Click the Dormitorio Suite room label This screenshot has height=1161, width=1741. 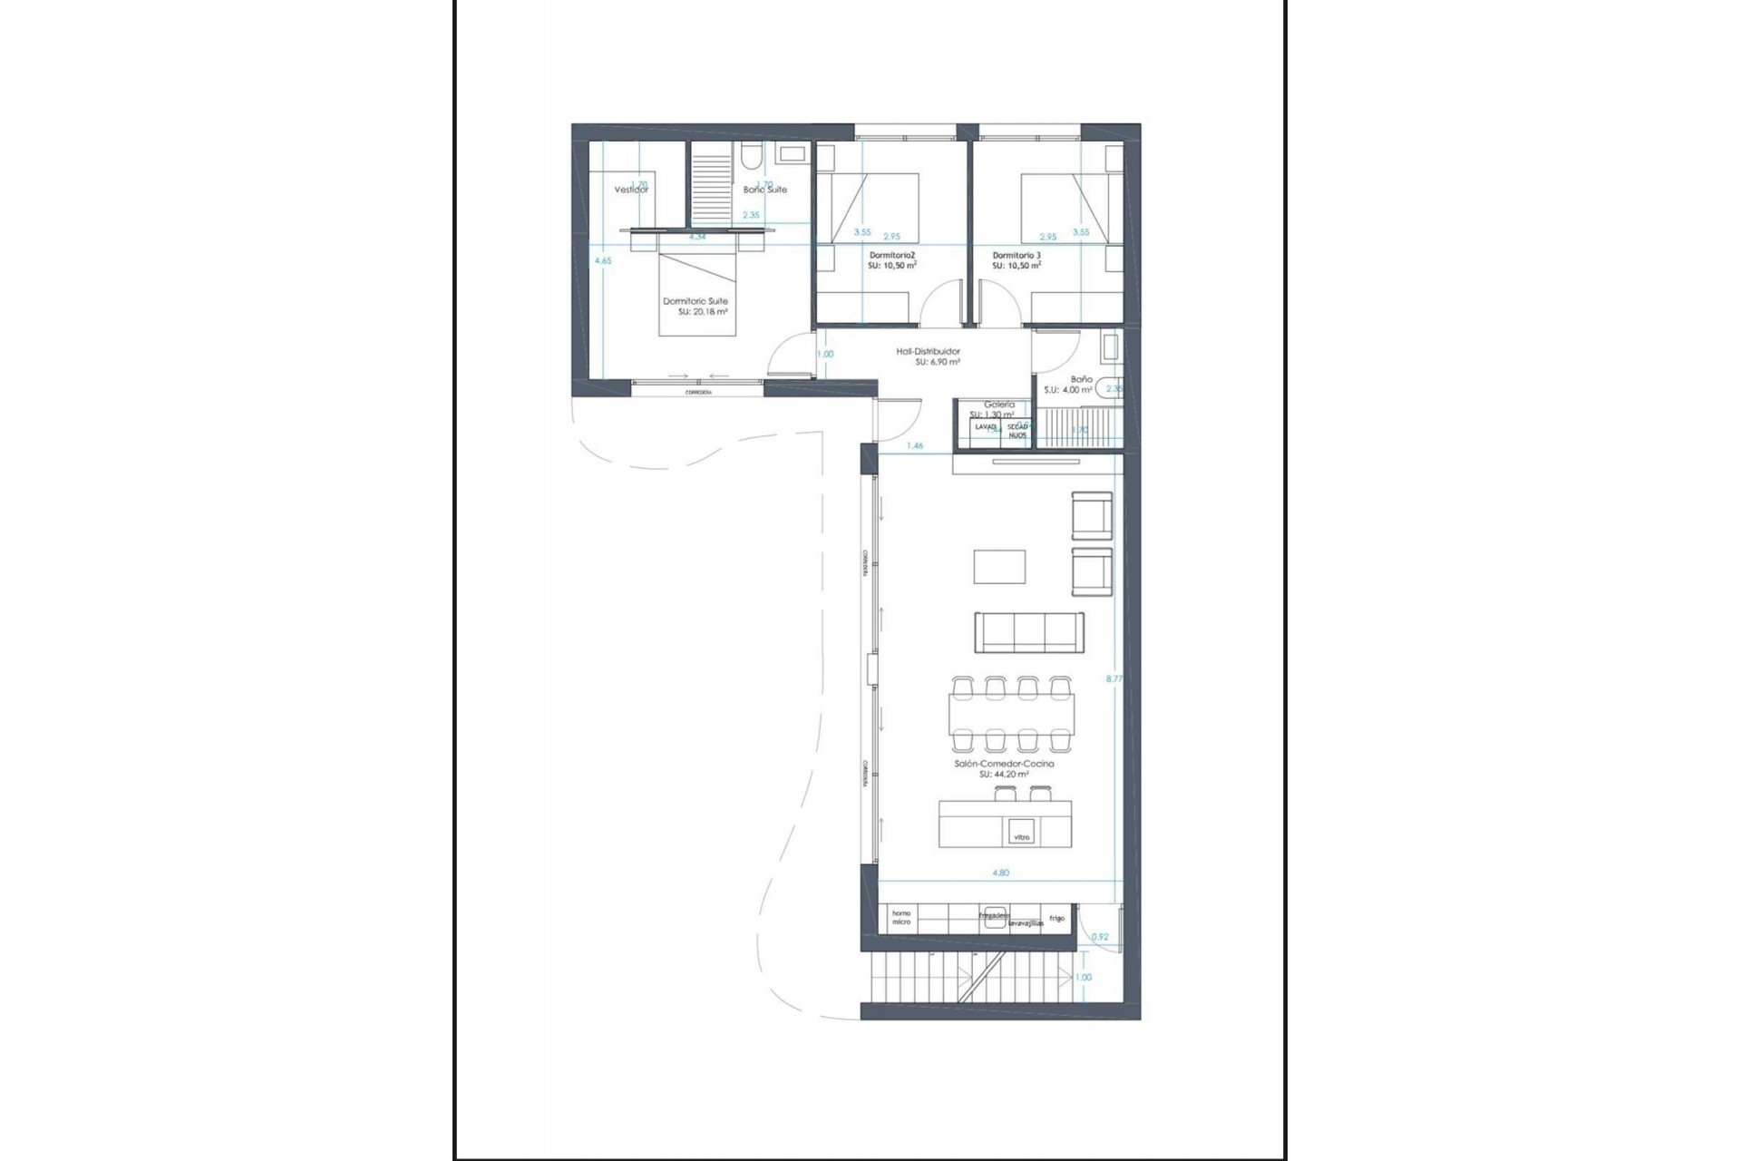pos(695,301)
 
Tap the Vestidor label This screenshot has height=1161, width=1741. pos(631,190)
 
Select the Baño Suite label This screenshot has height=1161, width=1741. pos(764,190)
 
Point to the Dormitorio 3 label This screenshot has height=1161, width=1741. pos(1016,256)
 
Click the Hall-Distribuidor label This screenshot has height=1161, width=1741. pos(928,351)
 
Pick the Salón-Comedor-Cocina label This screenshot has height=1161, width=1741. pos(1004,764)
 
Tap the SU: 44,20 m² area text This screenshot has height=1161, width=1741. pos(1004,775)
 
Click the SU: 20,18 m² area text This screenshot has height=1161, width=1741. pos(703,311)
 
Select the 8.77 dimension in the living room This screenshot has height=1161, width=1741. pos(1114,678)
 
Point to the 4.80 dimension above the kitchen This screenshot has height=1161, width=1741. pos(1000,873)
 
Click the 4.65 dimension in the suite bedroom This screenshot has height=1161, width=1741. pos(602,260)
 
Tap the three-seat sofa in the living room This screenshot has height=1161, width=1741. pos(1028,631)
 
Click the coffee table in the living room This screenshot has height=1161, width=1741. pos(999,567)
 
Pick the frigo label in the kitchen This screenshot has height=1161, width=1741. pos(1056,918)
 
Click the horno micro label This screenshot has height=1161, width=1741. pos(900,917)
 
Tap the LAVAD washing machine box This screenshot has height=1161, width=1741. pos(985,426)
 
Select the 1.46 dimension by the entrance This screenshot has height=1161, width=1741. pos(915,445)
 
